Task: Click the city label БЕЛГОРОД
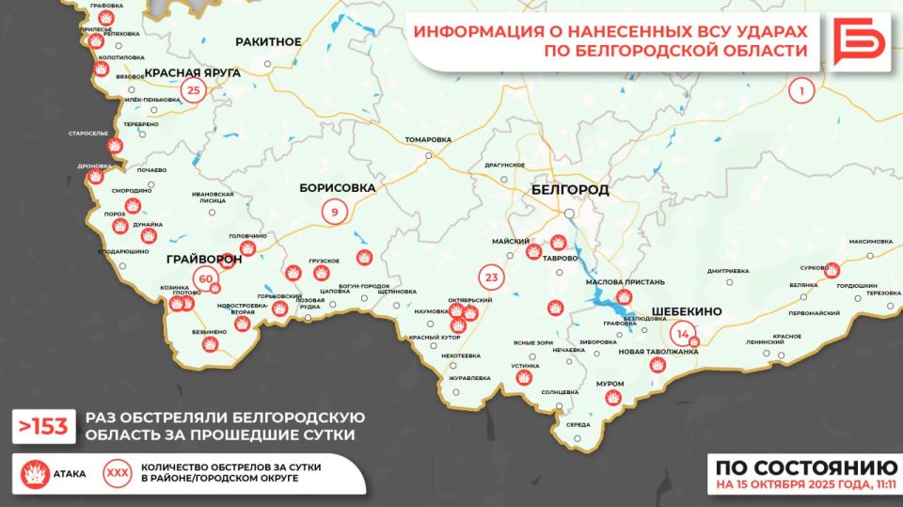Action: coord(569,189)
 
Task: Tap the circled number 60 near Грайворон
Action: coord(205,277)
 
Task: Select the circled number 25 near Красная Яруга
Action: coord(194,91)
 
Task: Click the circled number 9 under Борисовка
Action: coord(334,213)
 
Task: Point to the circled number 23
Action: coord(491,277)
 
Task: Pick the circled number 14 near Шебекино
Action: coord(682,333)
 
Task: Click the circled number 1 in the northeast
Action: coord(801,91)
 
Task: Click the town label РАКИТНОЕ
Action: coord(269,41)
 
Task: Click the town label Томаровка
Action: coord(428,139)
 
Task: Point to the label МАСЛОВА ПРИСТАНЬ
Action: coord(625,281)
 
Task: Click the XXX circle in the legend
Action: coord(118,473)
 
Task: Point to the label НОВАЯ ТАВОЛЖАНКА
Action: coord(659,351)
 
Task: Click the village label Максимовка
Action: coord(870,242)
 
